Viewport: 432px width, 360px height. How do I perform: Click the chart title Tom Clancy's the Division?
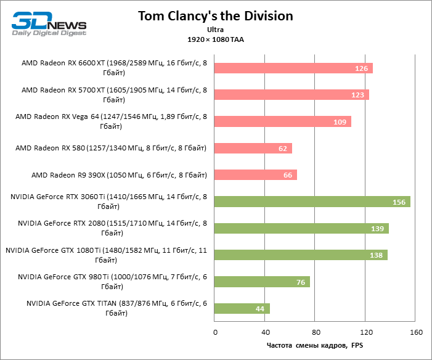tap(215, 15)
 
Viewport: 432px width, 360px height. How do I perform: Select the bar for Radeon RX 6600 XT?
tap(294, 68)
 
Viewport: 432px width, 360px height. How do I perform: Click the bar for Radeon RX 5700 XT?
tap(292, 95)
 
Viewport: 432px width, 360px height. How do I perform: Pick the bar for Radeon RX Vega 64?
tap(283, 121)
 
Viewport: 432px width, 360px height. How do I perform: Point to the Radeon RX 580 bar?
tap(253, 148)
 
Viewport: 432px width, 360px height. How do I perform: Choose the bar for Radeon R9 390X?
tap(256, 175)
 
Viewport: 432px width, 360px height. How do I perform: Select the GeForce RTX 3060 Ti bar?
tap(312, 202)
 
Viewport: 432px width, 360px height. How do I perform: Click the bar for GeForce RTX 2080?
tap(302, 229)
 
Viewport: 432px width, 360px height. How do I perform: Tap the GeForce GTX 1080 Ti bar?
tap(301, 255)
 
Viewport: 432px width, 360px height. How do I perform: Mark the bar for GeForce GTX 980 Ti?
tap(263, 282)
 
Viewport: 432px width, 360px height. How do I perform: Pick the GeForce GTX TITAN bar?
tap(242, 308)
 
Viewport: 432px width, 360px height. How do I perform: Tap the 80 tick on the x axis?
tap(315, 333)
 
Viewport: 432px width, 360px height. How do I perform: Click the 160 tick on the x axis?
tap(415, 333)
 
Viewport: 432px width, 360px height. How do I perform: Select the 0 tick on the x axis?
tap(215, 333)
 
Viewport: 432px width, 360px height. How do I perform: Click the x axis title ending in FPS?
tap(315, 346)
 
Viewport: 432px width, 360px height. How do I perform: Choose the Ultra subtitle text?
tap(215, 30)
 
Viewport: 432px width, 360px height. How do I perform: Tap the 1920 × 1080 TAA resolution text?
tap(215, 39)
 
